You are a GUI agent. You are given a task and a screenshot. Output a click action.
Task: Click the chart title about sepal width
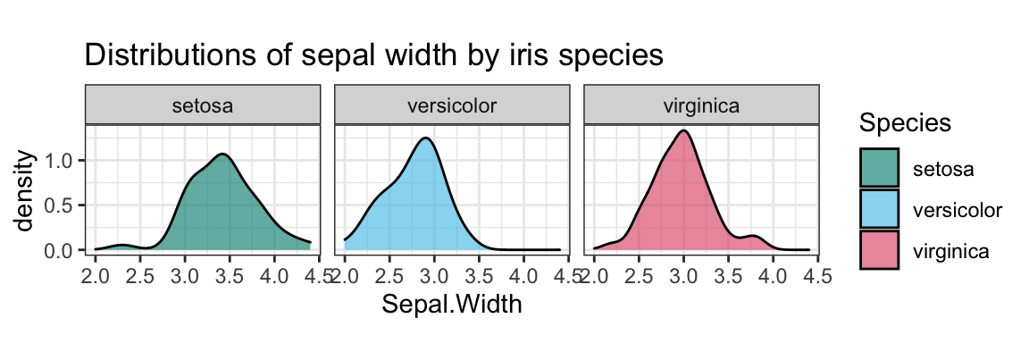click(x=373, y=55)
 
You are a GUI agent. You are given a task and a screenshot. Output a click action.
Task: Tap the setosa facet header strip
click(x=203, y=105)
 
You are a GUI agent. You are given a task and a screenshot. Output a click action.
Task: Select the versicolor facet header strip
click(x=452, y=105)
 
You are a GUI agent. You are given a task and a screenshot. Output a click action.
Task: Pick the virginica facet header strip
click(x=701, y=105)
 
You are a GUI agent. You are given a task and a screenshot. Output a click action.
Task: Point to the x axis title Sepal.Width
click(x=451, y=304)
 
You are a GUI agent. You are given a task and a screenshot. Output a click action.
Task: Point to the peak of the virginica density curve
click(x=683, y=131)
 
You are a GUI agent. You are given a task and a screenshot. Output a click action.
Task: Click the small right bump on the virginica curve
click(x=756, y=236)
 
